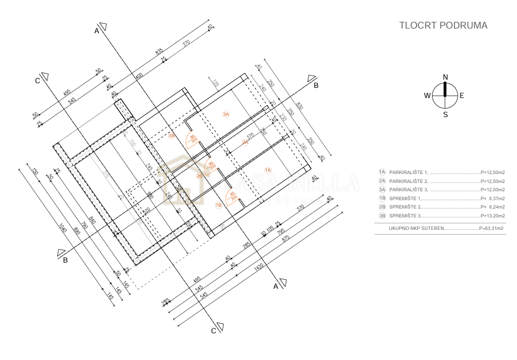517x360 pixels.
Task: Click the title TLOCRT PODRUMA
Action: point(443,26)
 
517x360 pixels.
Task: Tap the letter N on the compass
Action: point(445,77)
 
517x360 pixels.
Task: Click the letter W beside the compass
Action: point(427,96)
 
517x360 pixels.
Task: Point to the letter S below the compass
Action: point(445,115)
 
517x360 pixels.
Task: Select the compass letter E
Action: point(462,96)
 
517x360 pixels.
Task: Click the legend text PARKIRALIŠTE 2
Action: point(409,181)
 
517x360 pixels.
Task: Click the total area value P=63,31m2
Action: point(491,228)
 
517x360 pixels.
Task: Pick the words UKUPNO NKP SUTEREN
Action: point(416,228)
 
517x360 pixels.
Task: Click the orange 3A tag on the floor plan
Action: point(226,114)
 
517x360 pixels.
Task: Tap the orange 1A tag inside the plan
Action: point(268,170)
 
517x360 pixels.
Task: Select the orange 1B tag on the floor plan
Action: point(218,205)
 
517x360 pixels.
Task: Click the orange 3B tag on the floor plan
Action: point(172,136)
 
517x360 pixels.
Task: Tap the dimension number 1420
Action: point(258,268)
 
